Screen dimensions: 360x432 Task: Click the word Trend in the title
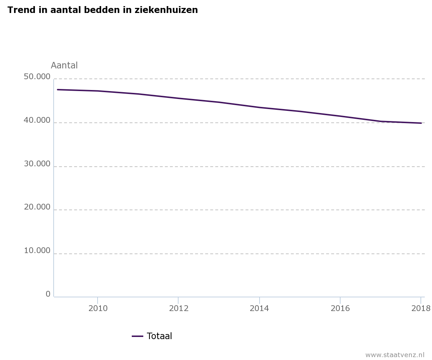(x=19, y=10)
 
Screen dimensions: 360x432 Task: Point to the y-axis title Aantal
(x=64, y=66)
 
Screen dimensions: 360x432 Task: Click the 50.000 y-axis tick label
(x=37, y=77)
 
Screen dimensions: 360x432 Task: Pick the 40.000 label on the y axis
(x=37, y=121)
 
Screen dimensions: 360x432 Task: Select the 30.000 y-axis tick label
(x=37, y=164)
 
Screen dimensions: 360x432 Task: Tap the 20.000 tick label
(x=37, y=207)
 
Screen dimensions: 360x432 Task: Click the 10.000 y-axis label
(x=37, y=251)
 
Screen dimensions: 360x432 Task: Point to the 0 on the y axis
(x=48, y=294)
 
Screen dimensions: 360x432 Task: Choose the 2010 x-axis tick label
(x=98, y=308)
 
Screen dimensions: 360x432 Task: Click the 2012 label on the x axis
(x=179, y=308)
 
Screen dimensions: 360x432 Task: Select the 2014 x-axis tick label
(x=260, y=308)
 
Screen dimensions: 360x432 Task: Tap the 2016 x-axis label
(x=340, y=308)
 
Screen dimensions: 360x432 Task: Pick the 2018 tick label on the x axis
(x=421, y=308)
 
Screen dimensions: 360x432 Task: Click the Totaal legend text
(x=159, y=336)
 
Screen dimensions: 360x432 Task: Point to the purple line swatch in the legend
(x=138, y=336)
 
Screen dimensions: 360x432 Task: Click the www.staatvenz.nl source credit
(x=395, y=355)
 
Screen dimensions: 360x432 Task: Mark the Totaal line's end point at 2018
(x=421, y=123)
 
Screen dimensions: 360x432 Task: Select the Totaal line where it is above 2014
(x=260, y=107)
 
